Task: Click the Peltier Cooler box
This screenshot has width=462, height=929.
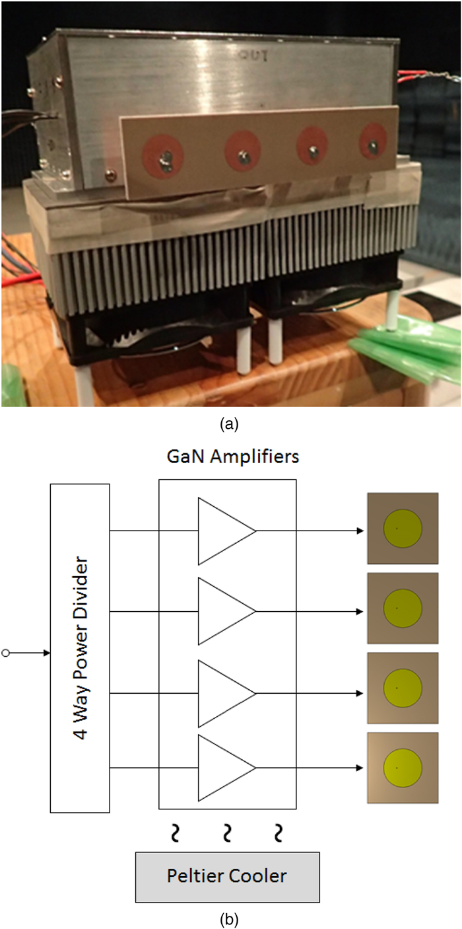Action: point(227,877)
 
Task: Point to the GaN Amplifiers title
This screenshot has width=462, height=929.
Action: point(227,457)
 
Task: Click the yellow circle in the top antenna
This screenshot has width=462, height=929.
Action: point(403,528)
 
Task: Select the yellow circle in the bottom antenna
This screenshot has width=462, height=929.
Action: point(403,768)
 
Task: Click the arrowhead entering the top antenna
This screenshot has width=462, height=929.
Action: point(360,531)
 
